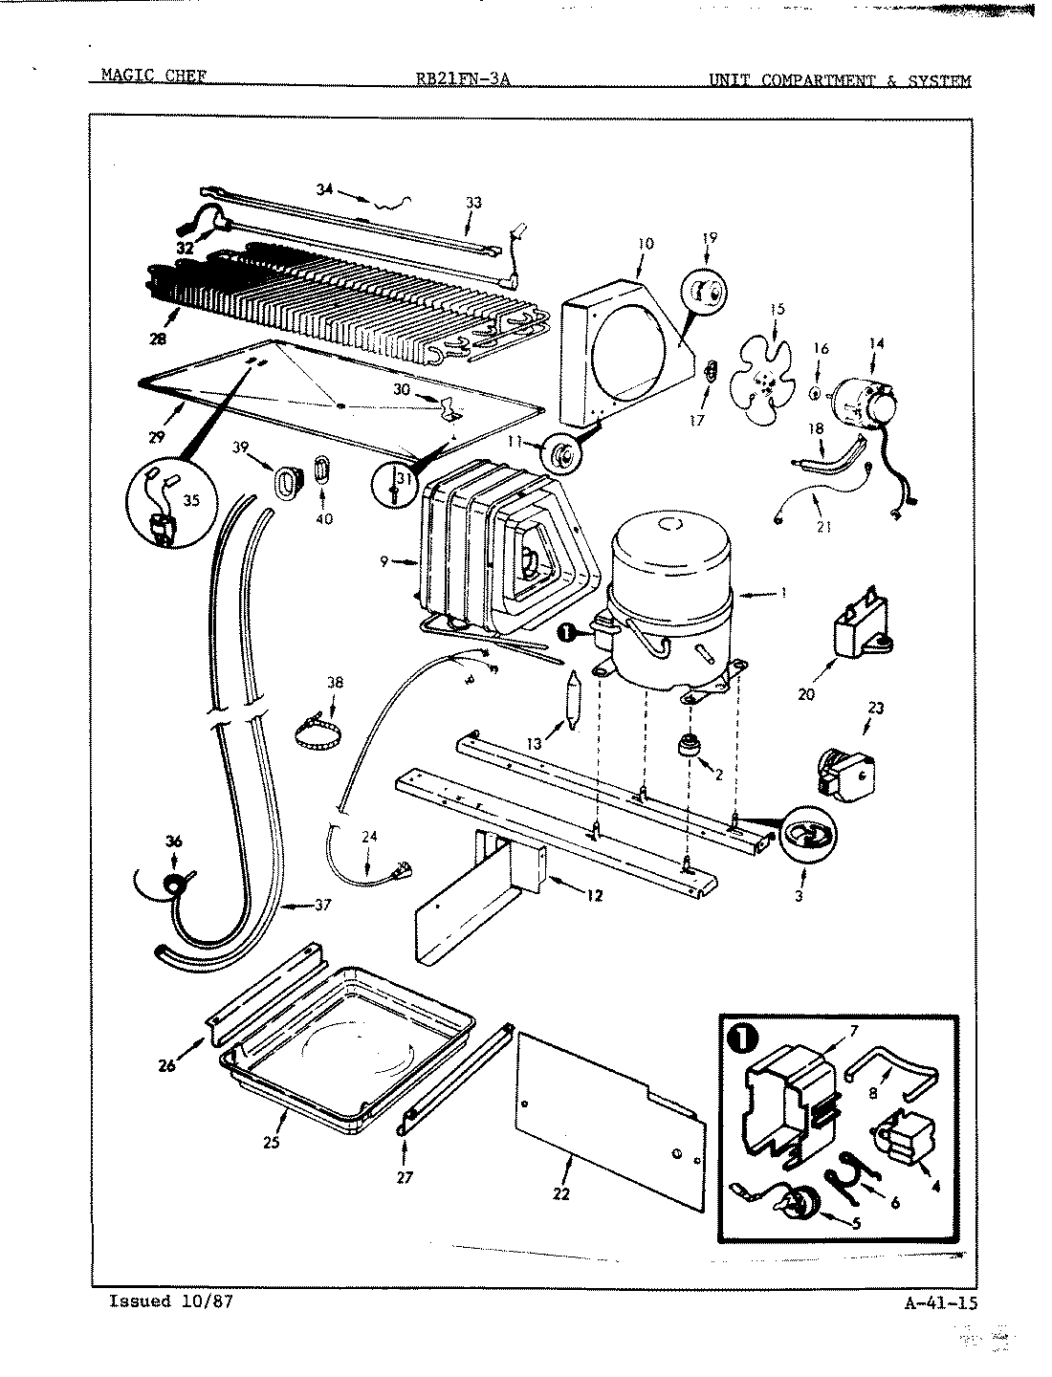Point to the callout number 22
click(x=561, y=1192)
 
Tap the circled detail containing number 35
click(x=168, y=506)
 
